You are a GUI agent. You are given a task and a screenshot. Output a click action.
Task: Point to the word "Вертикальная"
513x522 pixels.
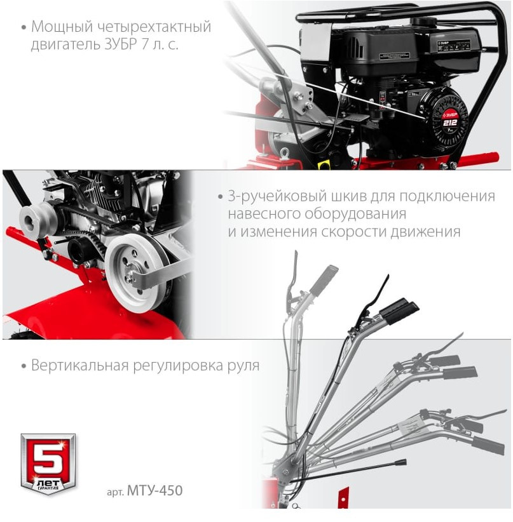[80, 366]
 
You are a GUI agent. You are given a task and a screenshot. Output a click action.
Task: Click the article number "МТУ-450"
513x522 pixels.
[155, 490]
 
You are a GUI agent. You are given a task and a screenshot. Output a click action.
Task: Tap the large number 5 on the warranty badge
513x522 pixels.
[48, 458]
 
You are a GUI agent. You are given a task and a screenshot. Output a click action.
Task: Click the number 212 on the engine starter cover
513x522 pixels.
[449, 123]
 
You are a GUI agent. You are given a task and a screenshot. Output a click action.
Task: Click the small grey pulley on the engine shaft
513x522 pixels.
[38, 218]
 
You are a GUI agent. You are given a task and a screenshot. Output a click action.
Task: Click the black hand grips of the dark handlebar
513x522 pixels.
[399, 310]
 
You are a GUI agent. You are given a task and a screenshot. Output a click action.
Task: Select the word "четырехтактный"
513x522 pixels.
[154, 27]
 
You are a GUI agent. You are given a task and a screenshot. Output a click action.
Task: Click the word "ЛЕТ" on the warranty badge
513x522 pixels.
[48, 483]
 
